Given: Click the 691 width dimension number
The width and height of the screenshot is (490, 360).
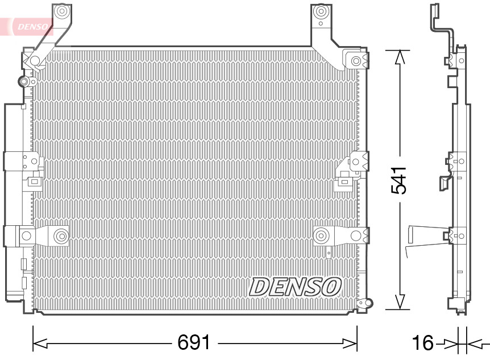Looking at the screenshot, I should (x=194, y=342).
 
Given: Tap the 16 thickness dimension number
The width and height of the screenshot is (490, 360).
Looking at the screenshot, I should (x=422, y=343).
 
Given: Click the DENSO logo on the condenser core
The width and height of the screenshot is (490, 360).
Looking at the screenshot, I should (x=294, y=286).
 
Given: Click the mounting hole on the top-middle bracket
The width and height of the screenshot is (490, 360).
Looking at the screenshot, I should (x=321, y=11).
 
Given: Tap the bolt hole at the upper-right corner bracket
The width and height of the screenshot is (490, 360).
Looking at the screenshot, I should (x=356, y=60).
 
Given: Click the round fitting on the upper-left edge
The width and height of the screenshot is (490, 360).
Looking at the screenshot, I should (x=24, y=82).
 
